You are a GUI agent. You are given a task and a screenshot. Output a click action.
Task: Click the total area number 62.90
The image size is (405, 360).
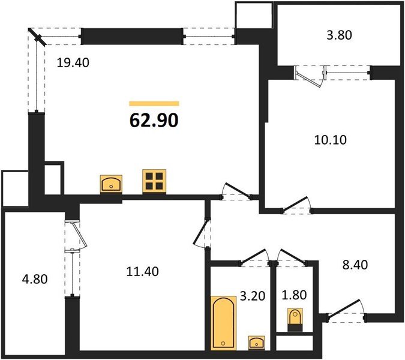[x=154, y=121]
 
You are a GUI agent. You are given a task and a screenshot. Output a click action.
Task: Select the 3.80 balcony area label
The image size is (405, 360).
[x=339, y=34]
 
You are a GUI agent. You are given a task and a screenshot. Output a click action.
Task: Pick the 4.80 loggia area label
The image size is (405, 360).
[x=34, y=279]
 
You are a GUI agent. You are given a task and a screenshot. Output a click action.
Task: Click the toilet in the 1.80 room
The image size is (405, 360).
[x=295, y=319]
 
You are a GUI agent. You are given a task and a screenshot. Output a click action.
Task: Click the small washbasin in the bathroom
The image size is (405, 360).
[x=257, y=342]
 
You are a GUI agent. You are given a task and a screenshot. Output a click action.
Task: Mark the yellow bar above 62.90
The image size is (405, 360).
[x=154, y=104]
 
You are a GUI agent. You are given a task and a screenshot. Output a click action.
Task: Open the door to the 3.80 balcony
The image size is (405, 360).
[x=310, y=75]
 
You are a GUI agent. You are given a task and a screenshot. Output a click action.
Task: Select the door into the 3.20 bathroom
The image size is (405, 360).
[x=254, y=256]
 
